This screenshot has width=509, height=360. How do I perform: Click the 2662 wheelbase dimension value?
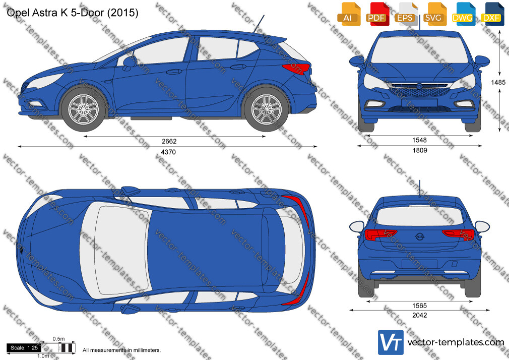[169, 141]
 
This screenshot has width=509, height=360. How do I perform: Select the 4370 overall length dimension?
[168, 152]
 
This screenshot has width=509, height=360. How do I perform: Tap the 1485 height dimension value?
[498, 83]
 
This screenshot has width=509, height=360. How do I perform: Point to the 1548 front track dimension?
[419, 140]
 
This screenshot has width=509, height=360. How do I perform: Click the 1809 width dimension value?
[419, 150]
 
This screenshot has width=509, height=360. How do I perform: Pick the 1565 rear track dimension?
[419, 306]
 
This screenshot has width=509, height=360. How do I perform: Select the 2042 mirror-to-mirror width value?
[419, 315]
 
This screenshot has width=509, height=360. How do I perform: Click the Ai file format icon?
[348, 14]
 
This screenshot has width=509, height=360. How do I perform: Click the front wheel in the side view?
[84, 108]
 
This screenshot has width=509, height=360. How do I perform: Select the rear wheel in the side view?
[267, 109]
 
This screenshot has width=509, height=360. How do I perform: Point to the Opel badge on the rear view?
[420, 236]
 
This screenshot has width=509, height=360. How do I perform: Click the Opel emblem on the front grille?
[419, 86]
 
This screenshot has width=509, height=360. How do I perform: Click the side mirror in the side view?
[129, 62]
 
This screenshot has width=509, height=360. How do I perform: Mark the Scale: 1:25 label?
[24, 348]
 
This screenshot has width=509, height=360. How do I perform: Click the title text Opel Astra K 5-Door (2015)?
[73, 13]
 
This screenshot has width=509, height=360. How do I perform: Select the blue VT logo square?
[391, 342]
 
